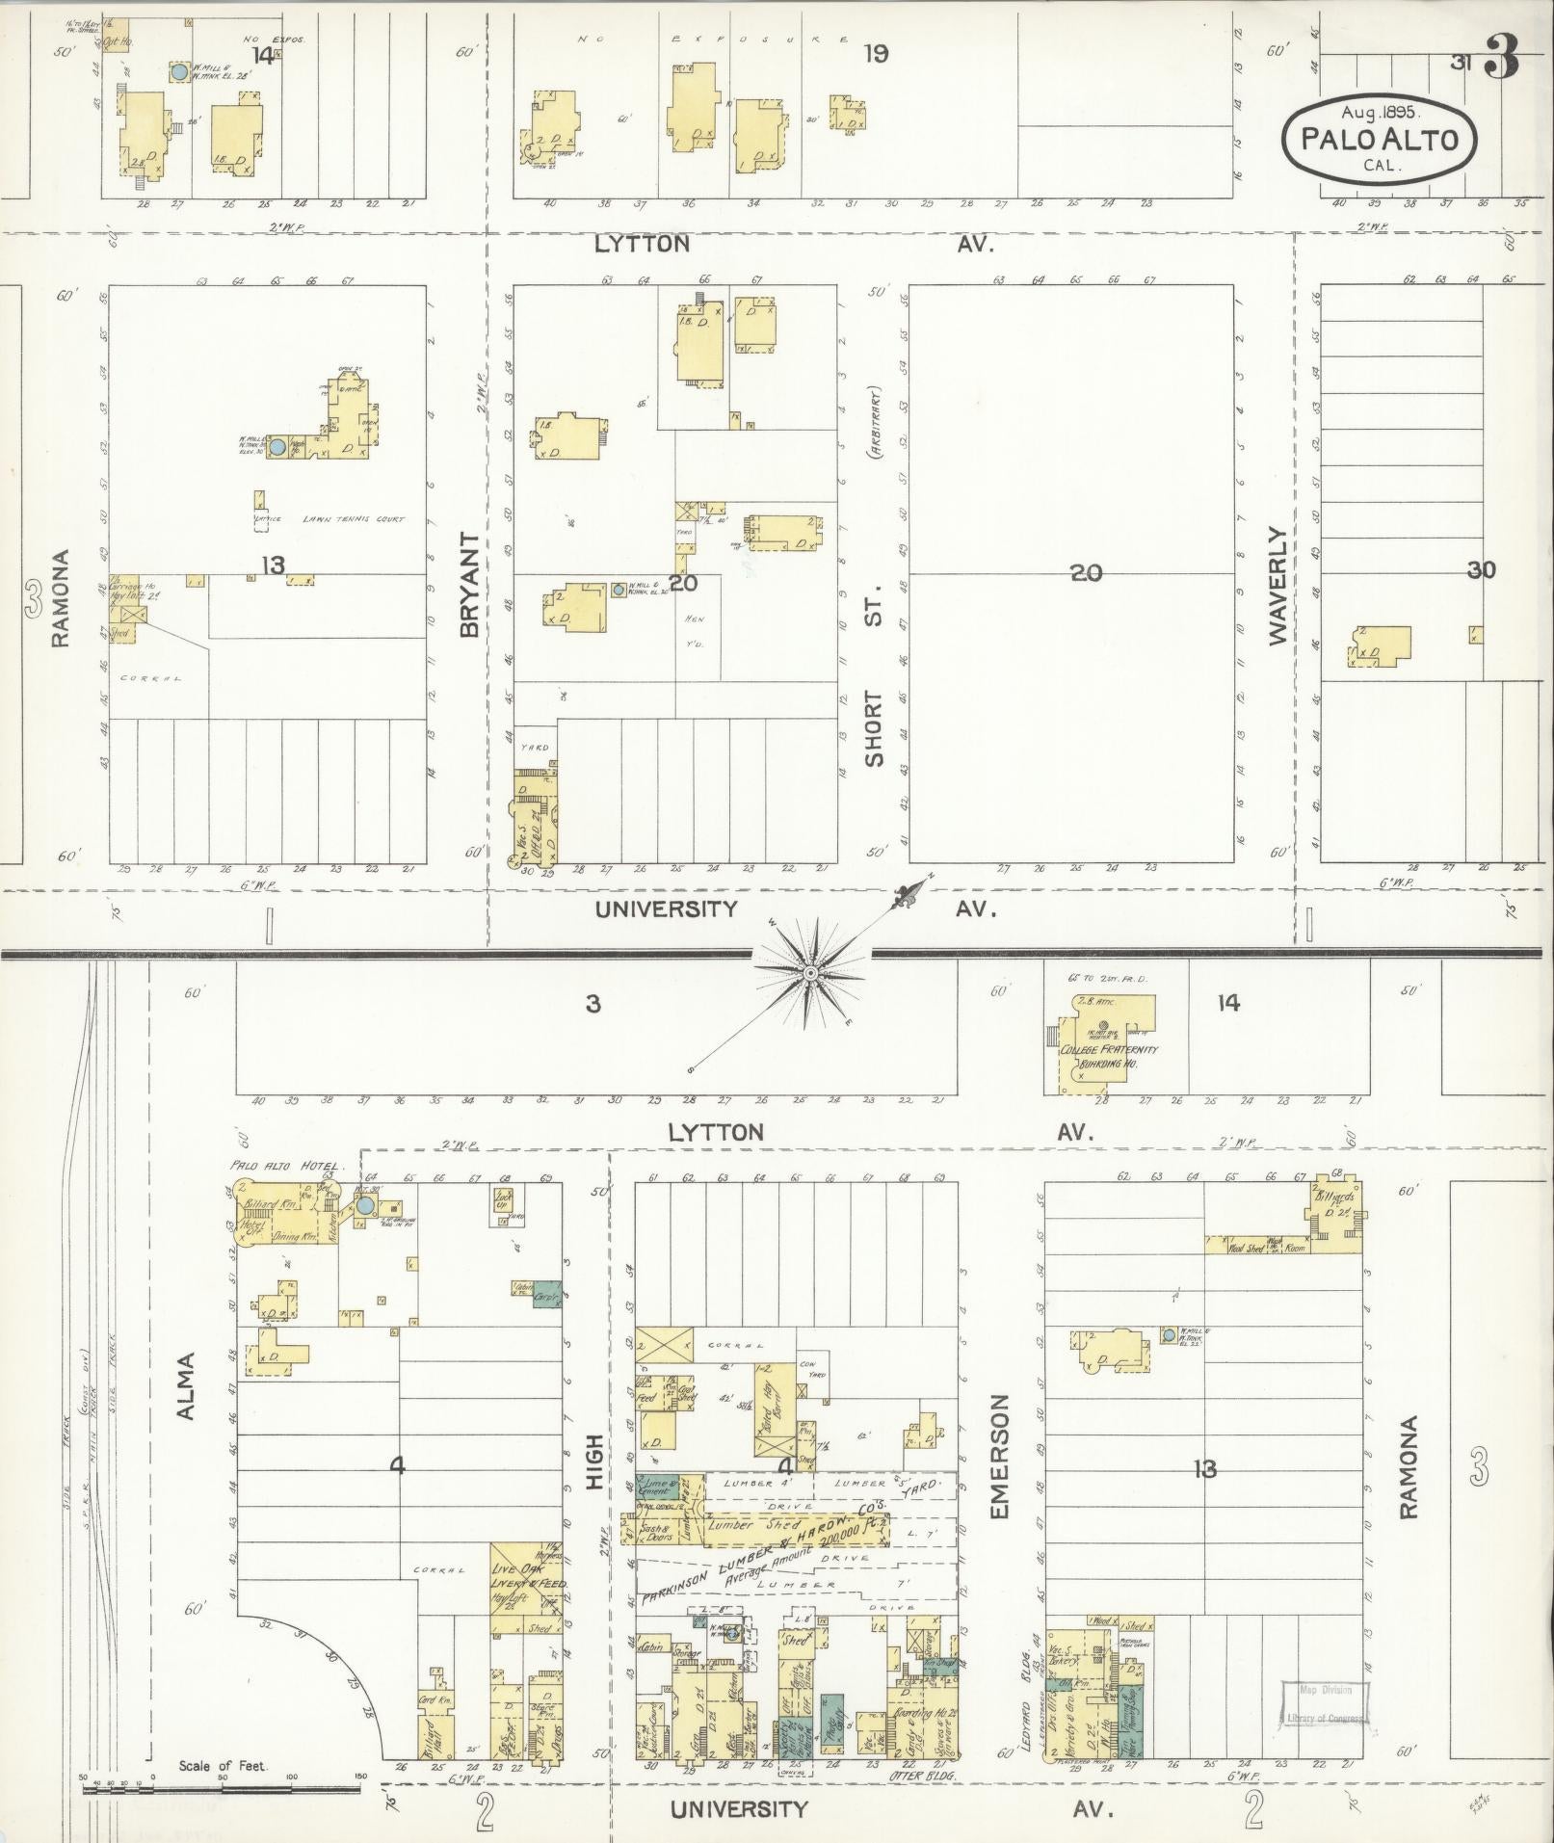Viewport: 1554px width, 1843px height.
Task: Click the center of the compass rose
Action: (810, 974)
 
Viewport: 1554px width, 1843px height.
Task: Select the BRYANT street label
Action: (469, 584)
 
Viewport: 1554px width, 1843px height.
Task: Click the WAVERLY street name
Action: (1277, 585)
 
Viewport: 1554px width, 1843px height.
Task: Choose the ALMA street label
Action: (186, 1386)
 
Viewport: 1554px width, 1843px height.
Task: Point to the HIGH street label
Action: (593, 1461)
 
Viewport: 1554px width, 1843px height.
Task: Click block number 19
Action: (875, 55)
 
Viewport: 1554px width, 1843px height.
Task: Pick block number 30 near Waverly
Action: (1481, 570)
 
